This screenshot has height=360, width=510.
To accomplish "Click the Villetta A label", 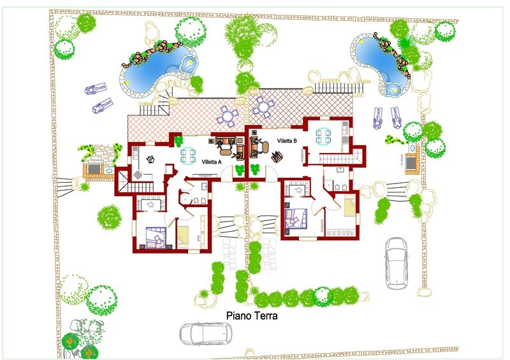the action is pos(212,162).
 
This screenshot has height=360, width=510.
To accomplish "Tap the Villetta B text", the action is pos(287,141).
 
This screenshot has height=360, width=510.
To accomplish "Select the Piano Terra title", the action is pos(252,316).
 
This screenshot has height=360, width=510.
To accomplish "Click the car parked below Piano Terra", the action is pos(206,333).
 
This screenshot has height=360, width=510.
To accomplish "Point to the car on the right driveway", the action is pos(397,263).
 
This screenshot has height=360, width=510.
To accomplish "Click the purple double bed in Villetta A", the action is pos(156,238).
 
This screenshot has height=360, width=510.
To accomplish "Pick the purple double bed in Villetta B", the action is pos(296,219).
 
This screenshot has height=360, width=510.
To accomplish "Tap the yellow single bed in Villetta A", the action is pos(183,235).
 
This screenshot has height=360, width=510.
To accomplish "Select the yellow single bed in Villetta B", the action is pos(349,206).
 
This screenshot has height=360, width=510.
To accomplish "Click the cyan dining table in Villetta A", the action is pos(188,155).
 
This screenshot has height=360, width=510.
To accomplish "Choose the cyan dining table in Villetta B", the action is pos(323,136).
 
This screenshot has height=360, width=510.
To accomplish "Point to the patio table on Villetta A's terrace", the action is pos(228,116).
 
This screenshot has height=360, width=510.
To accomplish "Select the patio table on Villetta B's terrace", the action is pos(263,106).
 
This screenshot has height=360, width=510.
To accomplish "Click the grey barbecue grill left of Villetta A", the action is pos(94,168).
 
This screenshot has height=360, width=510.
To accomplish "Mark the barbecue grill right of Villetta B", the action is pos(411,162).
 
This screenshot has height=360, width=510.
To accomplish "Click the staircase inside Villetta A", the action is pos(138,186).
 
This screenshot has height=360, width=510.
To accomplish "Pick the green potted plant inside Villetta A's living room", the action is pos(178,141).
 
